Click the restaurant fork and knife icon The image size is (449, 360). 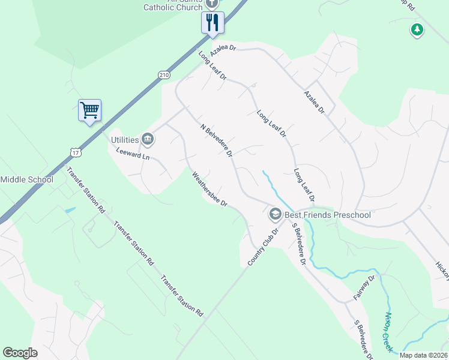tap(212, 23)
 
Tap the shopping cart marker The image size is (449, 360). tap(89, 110)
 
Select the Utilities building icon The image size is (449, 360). tap(148, 140)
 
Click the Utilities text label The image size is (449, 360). tap(125, 140)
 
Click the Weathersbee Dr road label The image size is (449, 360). tap(209, 190)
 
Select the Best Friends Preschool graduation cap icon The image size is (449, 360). tap(275, 214)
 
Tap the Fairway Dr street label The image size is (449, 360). tap(364, 287)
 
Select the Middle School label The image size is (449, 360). tap(26, 179)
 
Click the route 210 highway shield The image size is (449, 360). tap(164, 74)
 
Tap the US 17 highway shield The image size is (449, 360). tap(74, 152)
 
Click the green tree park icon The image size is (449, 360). tap(417, 29)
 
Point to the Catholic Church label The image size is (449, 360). tap(173, 7)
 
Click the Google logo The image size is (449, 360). tap(20, 353)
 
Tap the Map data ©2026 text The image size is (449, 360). tap(423, 355)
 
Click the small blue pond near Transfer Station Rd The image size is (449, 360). tap(70, 211)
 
